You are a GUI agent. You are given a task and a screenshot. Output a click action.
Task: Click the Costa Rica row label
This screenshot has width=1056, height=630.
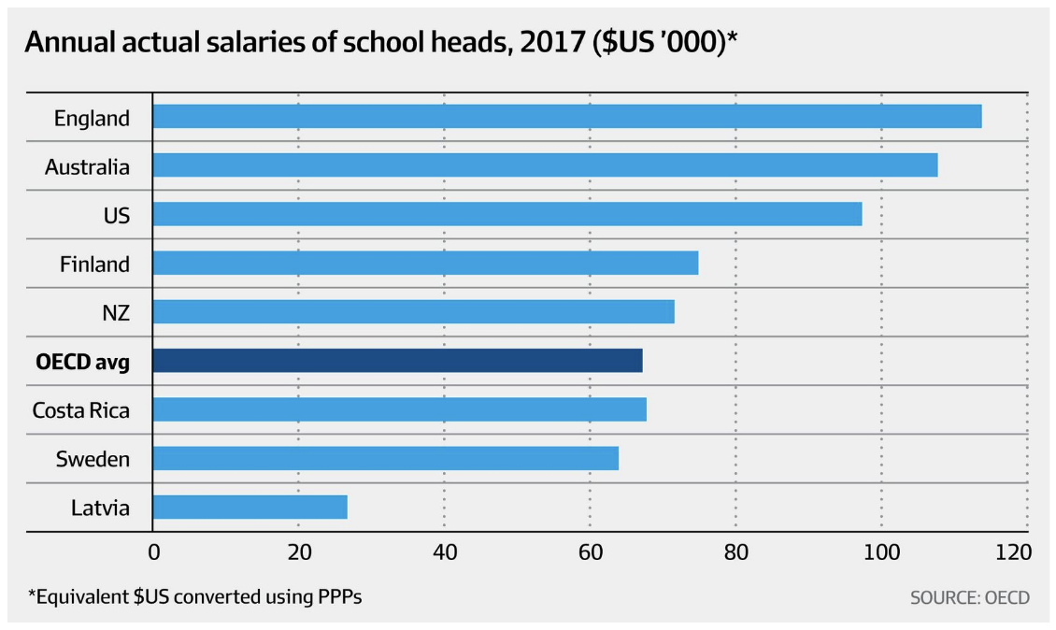coord(80,409)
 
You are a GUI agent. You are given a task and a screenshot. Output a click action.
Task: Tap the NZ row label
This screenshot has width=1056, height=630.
coord(115,312)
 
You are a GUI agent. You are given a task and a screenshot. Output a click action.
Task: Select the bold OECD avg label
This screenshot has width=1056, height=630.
coord(82,361)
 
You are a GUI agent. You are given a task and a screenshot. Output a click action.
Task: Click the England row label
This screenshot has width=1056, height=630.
coord(92,119)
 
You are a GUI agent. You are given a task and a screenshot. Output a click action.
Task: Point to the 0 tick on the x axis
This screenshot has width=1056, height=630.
coord(153,551)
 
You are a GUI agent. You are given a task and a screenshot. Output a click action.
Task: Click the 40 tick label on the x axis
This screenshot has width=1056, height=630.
coord(445,551)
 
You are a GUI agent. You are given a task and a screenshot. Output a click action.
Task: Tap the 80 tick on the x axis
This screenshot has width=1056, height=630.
coord(736,551)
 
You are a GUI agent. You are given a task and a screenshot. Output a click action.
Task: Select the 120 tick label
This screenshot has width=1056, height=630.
coord(1013,551)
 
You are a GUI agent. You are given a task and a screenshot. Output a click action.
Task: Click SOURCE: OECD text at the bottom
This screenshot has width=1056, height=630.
coord(969,596)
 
